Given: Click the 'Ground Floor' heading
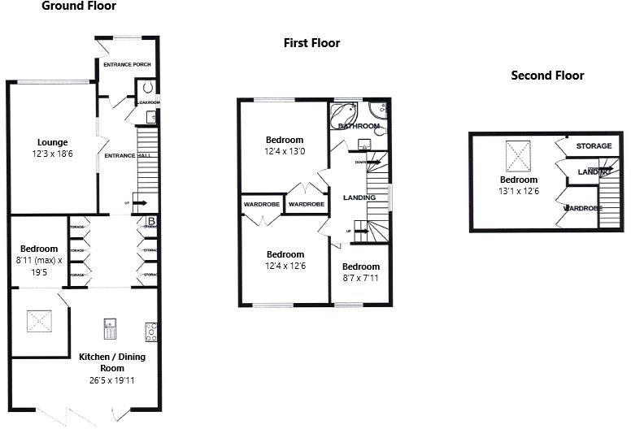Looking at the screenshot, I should pyautogui.click(x=79, y=6).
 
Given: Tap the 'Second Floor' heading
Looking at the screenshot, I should pyautogui.click(x=547, y=76).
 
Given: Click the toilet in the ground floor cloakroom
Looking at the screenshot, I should pyautogui.click(x=148, y=86).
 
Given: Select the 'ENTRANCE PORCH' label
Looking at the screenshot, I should pyautogui.click(x=127, y=65).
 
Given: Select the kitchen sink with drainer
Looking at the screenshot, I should pyautogui.click(x=111, y=330).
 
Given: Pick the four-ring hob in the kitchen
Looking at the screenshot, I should pyautogui.click(x=150, y=331).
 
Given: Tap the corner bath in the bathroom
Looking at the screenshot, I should pyautogui.click(x=346, y=113).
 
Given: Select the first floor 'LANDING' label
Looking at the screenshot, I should pyautogui.click(x=359, y=197).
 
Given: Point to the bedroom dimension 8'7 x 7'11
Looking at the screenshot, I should pyautogui.click(x=360, y=278).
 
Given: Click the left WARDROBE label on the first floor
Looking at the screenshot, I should pyautogui.click(x=261, y=204).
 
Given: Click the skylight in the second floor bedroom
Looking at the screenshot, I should pyautogui.click(x=517, y=153).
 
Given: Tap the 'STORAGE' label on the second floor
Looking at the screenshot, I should pyautogui.click(x=594, y=146).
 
